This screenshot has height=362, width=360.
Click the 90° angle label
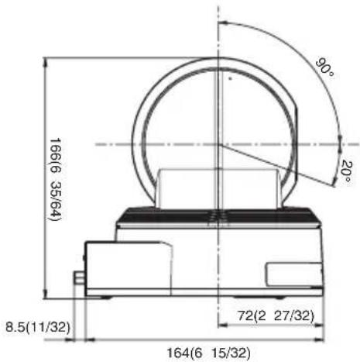point(324,67)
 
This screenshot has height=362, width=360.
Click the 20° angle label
point(347,171)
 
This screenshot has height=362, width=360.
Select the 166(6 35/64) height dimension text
point(55,179)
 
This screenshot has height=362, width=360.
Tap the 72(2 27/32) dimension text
point(276,315)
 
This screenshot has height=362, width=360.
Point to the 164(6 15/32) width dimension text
point(209,353)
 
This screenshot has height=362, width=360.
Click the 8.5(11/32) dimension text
point(38,327)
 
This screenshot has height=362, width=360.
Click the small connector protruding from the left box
point(79,278)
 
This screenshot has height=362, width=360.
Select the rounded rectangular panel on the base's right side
point(294,274)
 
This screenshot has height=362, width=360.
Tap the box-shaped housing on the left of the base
point(129,268)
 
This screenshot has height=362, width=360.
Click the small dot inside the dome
point(231,78)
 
